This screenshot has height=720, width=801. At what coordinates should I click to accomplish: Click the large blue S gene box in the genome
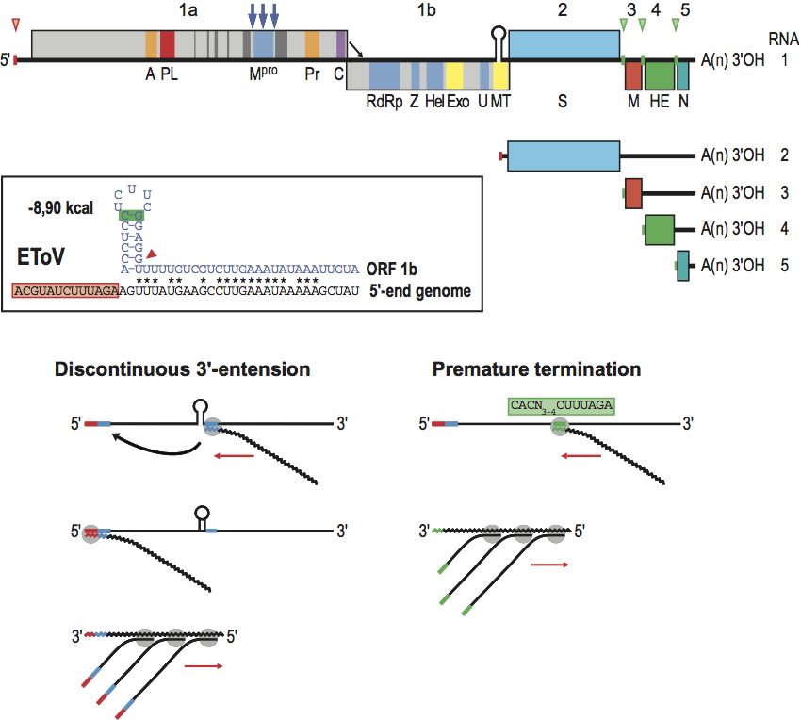point(564,45)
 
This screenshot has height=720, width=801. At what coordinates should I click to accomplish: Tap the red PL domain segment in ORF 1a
point(168,45)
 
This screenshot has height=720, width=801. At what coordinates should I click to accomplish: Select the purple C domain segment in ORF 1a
point(341,45)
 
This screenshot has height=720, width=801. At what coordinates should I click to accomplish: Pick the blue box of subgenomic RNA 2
point(564,156)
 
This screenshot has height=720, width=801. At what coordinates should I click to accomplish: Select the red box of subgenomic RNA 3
point(633,192)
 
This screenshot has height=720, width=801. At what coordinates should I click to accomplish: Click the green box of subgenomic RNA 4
point(660,229)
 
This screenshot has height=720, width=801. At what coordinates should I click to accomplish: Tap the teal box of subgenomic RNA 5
point(683,265)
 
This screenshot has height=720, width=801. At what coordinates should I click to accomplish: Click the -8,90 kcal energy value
point(60,207)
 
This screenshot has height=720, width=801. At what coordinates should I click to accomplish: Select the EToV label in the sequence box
point(41,255)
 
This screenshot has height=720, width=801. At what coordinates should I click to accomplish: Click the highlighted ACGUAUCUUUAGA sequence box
point(64,291)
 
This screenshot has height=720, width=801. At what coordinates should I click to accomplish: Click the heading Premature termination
point(536,369)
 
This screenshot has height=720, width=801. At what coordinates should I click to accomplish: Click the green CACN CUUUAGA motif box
point(561,406)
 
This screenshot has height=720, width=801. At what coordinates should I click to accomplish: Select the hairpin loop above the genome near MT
point(500,33)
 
